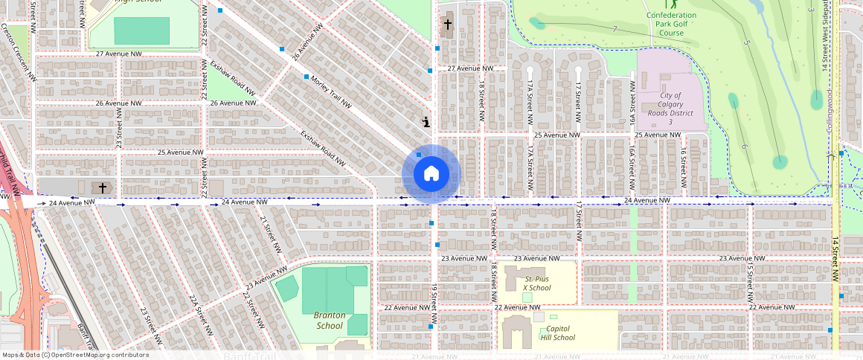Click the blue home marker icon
click(431, 174)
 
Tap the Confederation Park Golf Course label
click(671, 24)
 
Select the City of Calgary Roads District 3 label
click(670, 109)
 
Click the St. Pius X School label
click(536, 283)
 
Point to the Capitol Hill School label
click(560, 332)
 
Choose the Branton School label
click(329, 320)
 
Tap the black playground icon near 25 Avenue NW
click(426, 121)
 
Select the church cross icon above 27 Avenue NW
click(448, 25)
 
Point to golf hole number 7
click(615, 29)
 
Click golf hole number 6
click(743, 146)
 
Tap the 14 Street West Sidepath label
click(826, 36)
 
